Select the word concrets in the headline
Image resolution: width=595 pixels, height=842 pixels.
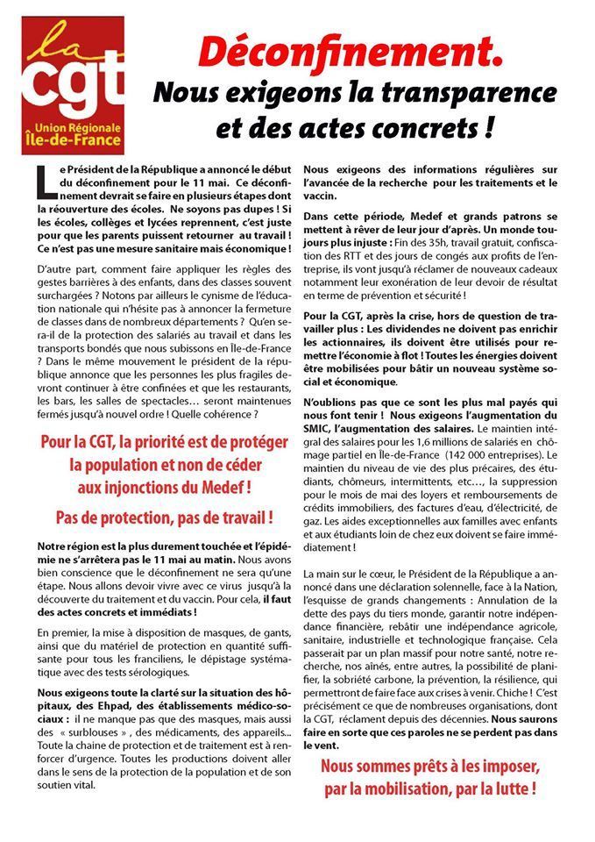[413, 129]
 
